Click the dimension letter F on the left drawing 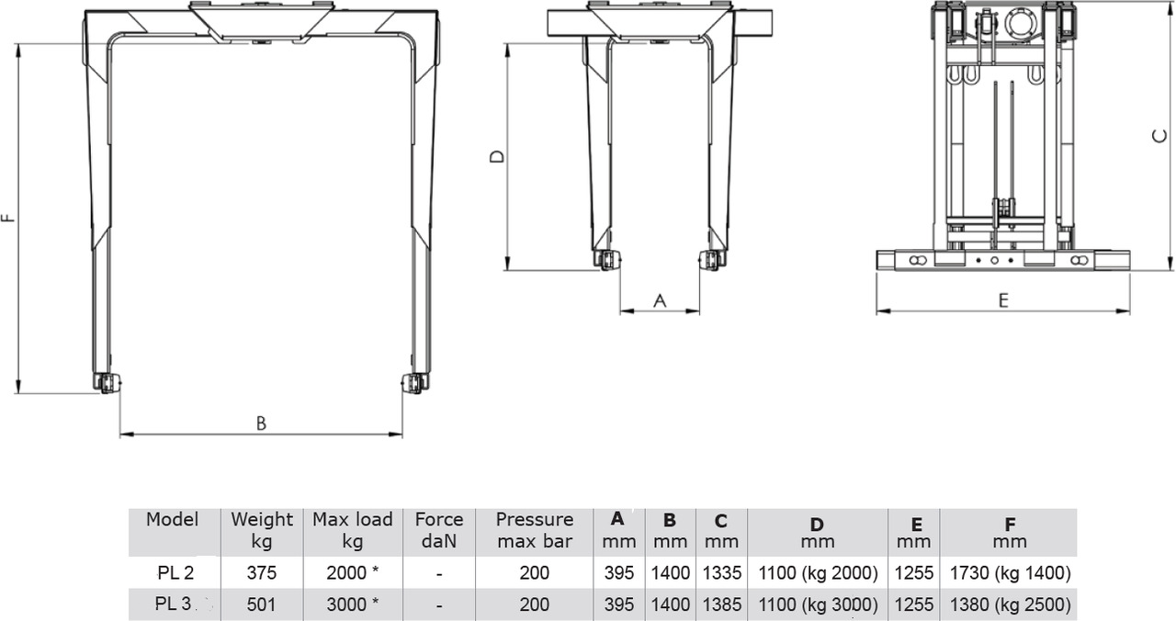pyautogui.click(x=8, y=218)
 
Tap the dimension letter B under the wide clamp pyautogui.click(x=261, y=423)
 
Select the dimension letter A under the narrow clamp pyautogui.click(x=660, y=300)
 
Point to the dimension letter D pyautogui.click(x=497, y=156)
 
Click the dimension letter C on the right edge pyautogui.click(x=1159, y=136)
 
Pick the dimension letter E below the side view pyautogui.click(x=1003, y=300)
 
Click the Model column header pyautogui.click(x=172, y=520)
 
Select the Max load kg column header pyautogui.click(x=352, y=530)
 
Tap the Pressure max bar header pyautogui.click(x=535, y=530)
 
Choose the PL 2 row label pyautogui.click(x=175, y=572)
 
